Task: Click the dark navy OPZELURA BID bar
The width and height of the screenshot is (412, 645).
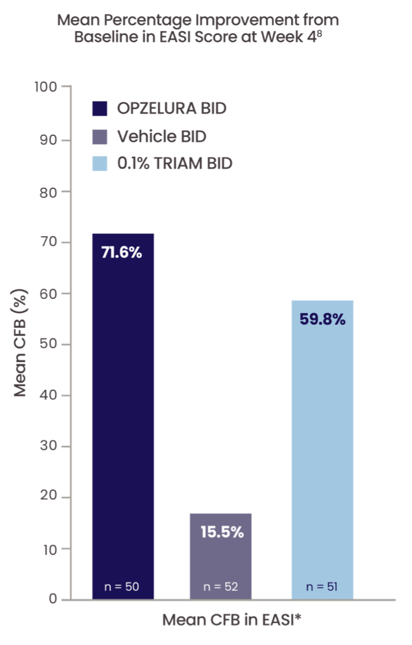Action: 123,413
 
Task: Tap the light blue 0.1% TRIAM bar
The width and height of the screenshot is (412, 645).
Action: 322,449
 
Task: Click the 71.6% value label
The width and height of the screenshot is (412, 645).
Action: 122,253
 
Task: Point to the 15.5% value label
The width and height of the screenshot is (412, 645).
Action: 221,532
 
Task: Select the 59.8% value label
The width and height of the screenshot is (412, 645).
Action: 322,320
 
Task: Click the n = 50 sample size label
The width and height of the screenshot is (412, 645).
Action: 122,587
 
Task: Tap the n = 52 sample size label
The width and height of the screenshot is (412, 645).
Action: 221,587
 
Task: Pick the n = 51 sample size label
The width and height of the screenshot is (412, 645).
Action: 322,587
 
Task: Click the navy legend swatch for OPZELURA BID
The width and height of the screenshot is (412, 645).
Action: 100,109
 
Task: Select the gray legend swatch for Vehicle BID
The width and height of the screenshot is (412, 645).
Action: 100,137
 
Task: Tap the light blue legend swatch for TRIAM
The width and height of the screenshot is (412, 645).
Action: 100,164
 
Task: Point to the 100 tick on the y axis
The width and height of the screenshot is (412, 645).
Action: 47,87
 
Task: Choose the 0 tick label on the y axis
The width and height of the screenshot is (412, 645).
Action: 53,600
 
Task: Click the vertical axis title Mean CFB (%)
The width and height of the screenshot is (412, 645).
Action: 21,343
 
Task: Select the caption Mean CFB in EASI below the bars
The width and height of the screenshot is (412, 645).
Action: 232,621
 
